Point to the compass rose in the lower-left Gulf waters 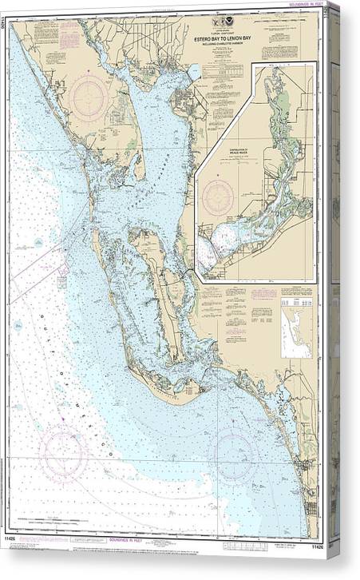[x=63, y=452]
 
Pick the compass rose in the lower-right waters [x=232, y=452]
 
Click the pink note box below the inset [x=263, y=293]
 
